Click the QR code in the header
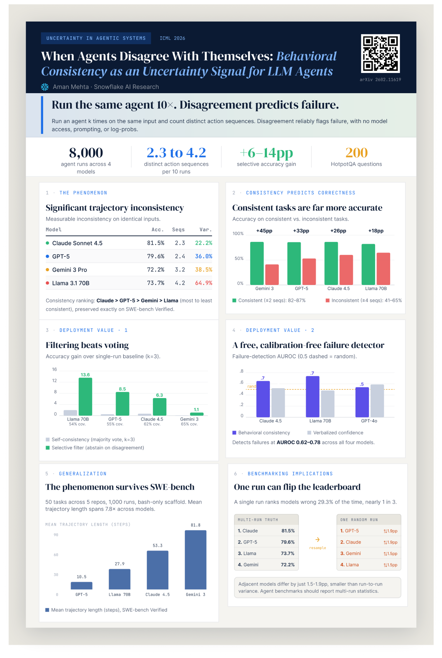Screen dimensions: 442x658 [381, 53]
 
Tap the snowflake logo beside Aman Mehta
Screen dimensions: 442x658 [45, 87]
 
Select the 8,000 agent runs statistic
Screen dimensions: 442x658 [86, 160]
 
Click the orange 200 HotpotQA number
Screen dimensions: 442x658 [356, 153]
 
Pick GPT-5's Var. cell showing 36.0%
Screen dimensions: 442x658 [204, 256]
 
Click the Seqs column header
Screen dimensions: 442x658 [178, 230]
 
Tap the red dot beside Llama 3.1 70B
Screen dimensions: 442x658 [47, 283]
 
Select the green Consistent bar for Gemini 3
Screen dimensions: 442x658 [257, 263]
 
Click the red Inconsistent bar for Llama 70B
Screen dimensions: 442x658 [383, 269]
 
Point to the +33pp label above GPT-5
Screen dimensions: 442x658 [301, 231]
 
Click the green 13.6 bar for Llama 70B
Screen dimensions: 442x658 [85, 396]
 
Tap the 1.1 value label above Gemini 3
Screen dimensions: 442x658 [196, 410]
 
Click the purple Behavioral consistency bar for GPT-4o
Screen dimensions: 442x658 [362, 402]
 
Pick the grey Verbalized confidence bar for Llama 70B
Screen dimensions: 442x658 [327, 404]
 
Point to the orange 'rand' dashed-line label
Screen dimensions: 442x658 [252, 386]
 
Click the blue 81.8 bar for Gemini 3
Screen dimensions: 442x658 [196, 560]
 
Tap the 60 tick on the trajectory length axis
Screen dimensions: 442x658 [56, 555]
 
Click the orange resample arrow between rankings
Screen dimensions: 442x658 [318, 539]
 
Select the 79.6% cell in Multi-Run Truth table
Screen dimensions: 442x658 [288, 542]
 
